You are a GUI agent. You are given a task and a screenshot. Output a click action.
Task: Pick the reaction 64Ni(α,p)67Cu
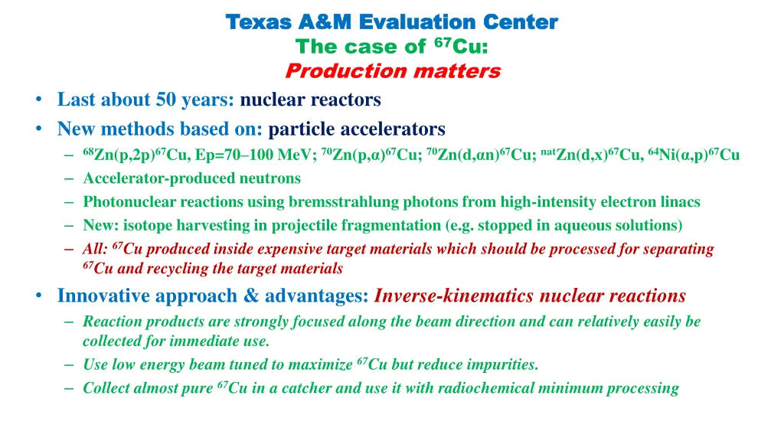[694, 155]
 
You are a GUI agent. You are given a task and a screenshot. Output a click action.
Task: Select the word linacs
[679, 202]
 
